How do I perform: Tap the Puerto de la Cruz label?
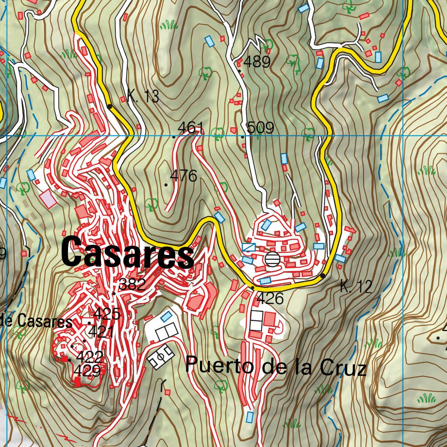(275, 366)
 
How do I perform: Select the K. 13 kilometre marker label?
(143, 96)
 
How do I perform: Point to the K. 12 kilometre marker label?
(356, 287)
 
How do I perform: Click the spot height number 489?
(257, 62)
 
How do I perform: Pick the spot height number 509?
(260, 128)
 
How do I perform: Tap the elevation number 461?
(191, 128)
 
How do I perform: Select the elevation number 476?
(183, 176)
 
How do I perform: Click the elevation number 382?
(132, 285)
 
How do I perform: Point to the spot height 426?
(270, 299)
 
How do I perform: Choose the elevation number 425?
(107, 313)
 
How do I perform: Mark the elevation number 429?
(87, 371)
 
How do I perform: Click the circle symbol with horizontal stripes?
(272, 259)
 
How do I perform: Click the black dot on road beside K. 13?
(109, 106)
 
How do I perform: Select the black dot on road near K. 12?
(323, 275)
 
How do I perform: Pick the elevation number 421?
(101, 332)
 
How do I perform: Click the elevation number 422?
(89, 357)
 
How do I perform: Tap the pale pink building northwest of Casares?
(48, 199)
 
